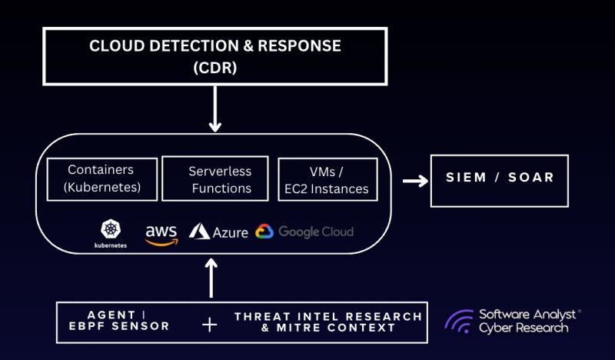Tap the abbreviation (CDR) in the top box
tap(215, 67)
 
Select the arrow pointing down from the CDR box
tap(215, 112)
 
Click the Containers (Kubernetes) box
tap(101, 179)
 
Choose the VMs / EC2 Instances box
tap(327, 179)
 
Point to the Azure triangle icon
tap(200, 231)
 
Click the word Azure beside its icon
tap(230, 232)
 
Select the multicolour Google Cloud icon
tap(264, 231)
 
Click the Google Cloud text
tap(315, 232)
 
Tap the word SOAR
tap(531, 178)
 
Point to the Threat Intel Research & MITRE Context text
tap(328, 322)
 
